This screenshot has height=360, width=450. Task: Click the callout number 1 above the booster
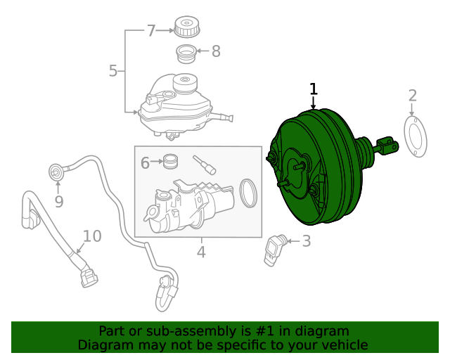pyautogui.click(x=314, y=89)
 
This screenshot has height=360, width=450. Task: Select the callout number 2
pyautogui.click(x=413, y=96)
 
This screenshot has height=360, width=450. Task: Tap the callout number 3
pyautogui.click(x=306, y=241)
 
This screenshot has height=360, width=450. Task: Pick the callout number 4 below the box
pyautogui.click(x=201, y=251)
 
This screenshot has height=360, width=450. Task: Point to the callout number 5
pyautogui.click(x=114, y=70)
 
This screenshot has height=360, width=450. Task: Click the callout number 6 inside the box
pyautogui.click(x=146, y=163)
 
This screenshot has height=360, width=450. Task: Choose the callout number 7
pyautogui.click(x=151, y=30)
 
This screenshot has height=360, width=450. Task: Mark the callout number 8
pyautogui.click(x=216, y=51)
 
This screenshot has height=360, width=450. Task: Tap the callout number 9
pyautogui.click(x=59, y=202)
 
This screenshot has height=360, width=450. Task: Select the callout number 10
pyautogui.click(x=92, y=236)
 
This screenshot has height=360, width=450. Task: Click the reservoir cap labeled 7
pyautogui.click(x=186, y=29)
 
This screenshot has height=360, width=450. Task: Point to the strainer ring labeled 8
pyautogui.click(x=185, y=52)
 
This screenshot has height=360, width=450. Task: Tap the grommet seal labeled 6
pyautogui.click(x=169, y=162)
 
